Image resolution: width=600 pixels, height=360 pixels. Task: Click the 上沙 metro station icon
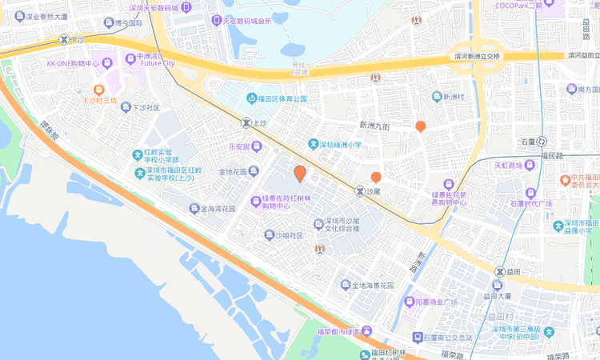246,123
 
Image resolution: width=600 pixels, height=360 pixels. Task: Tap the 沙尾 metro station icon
359,192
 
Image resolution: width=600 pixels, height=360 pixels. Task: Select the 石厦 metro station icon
542,142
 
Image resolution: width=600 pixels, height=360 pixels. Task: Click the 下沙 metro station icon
63,38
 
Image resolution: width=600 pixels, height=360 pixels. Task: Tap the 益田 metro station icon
502,271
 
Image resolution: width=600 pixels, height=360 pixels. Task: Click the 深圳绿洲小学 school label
341,145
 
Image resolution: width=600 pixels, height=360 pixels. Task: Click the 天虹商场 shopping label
507,166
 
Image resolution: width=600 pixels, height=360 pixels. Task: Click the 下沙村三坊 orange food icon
99,90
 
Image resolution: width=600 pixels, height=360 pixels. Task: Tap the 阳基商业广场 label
436,302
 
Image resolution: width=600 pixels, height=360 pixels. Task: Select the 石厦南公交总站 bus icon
418,338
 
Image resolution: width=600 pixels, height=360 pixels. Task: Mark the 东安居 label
240,147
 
